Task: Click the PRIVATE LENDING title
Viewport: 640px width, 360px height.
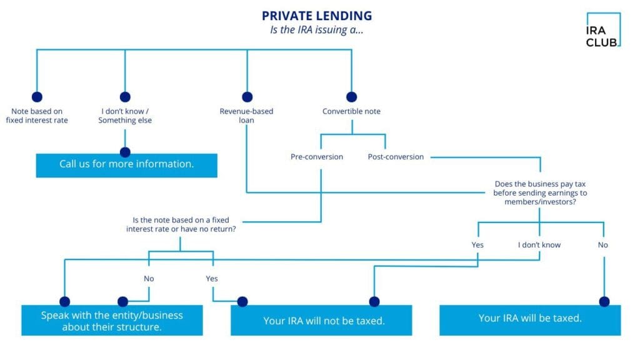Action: click(x=316, y=16)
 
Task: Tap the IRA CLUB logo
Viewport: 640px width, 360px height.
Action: click(x=602, y=30)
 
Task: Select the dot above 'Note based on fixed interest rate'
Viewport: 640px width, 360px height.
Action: click(x=37, y=97)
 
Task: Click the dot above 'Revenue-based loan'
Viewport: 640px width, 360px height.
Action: click(x=247, y=97)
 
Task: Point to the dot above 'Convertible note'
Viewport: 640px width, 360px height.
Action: click(x=351, y=97)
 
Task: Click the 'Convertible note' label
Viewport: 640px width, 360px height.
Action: click(x=351, y=111)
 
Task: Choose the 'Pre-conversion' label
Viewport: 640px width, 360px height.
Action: click(x=317, y=157)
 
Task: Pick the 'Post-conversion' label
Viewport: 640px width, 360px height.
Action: click(x=396, y=157)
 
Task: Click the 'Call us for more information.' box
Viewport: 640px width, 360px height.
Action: click(x=126, y=164)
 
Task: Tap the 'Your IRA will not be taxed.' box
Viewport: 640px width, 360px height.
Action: click(x=321, y=321)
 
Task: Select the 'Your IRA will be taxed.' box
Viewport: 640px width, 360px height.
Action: click(x=530, y=318)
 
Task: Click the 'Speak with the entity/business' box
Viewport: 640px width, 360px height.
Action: click(x=112, y=321)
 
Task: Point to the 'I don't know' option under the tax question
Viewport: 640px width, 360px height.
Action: click(x=539, y=245)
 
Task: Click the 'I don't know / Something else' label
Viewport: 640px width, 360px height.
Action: click(x=125, y=116)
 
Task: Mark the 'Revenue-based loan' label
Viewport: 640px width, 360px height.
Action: click(x=246, y=116)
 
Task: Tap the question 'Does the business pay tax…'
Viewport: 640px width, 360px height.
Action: click(x=541, y=192)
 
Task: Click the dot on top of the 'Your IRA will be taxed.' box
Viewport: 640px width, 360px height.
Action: click(x=604, y=301)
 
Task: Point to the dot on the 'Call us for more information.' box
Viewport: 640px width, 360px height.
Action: click(x=125, y=152)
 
